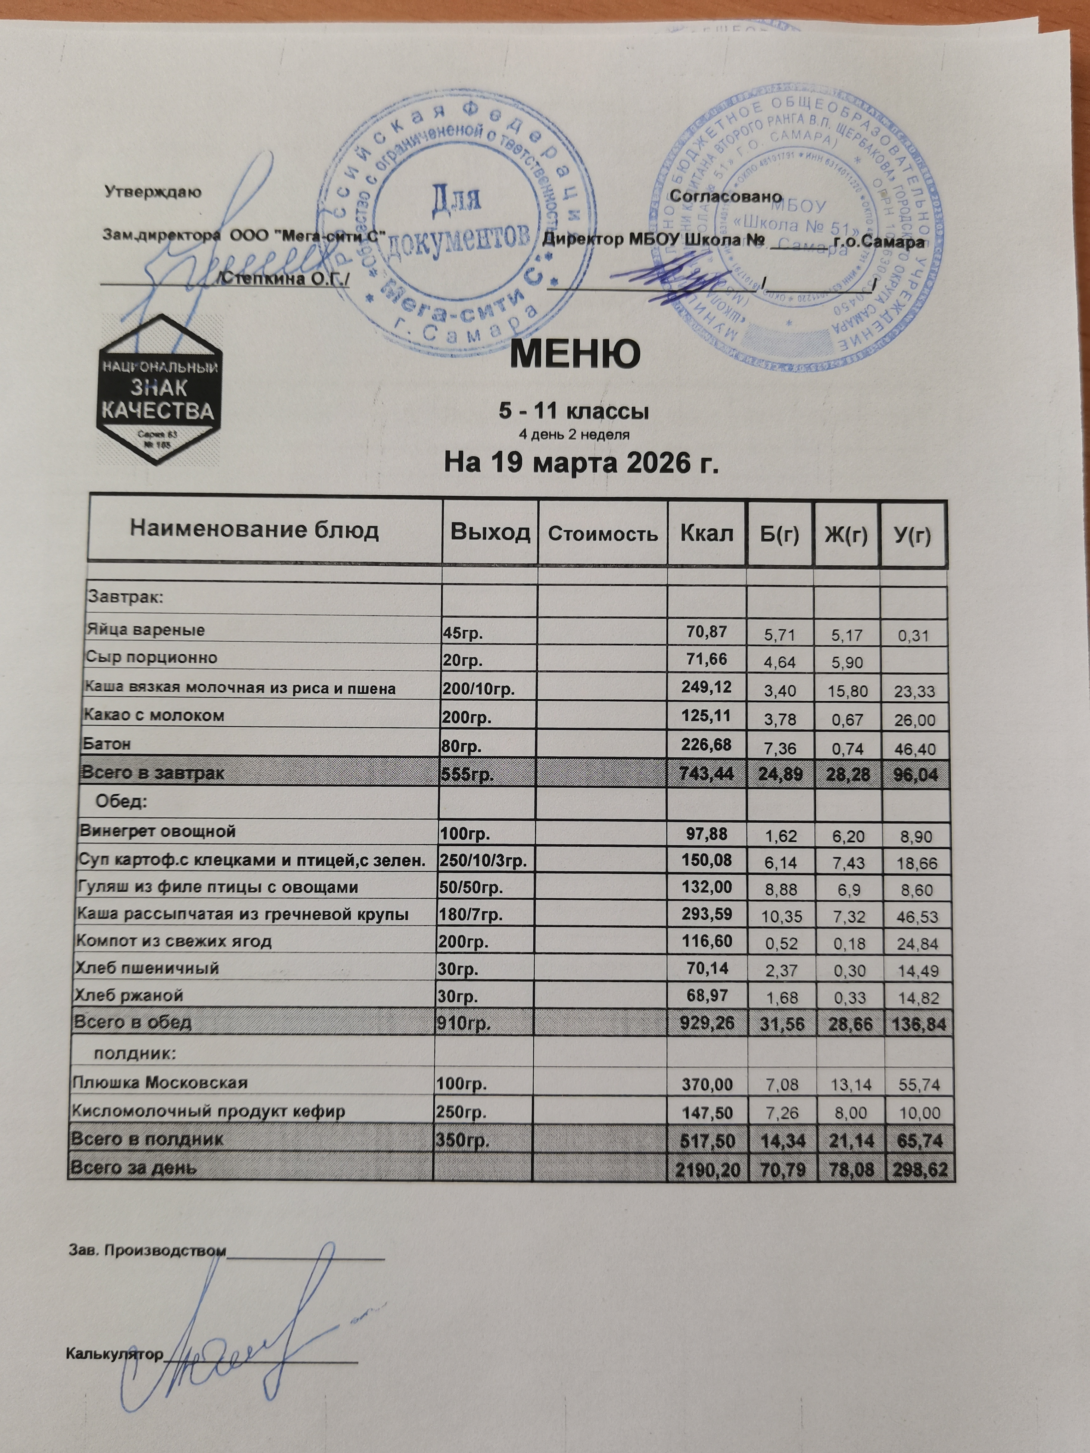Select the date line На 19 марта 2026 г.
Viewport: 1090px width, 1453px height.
582,463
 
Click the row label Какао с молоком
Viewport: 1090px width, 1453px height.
154,715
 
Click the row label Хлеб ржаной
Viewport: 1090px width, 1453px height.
129,995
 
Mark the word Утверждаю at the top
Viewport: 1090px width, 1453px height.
153,192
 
